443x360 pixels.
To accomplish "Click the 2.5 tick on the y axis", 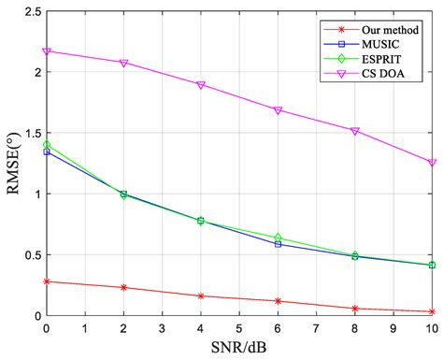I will (x=30, y=11).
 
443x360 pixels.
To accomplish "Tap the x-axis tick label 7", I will (x=317, y=327).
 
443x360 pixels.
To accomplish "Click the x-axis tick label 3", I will (x=163, y=327).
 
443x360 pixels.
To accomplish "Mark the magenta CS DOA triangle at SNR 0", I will (x=47, y=50).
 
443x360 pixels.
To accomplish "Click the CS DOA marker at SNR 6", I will (x=278, y=109).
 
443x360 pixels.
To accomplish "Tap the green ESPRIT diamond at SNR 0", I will (x=47, y=145).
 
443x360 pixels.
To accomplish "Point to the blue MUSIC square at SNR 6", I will (x=278, y=244).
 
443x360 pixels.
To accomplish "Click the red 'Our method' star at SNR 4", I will (x=201, y=296).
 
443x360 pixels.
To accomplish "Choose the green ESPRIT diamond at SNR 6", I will (x=278, y=238).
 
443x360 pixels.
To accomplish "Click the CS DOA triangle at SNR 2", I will (x=123, y=63).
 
